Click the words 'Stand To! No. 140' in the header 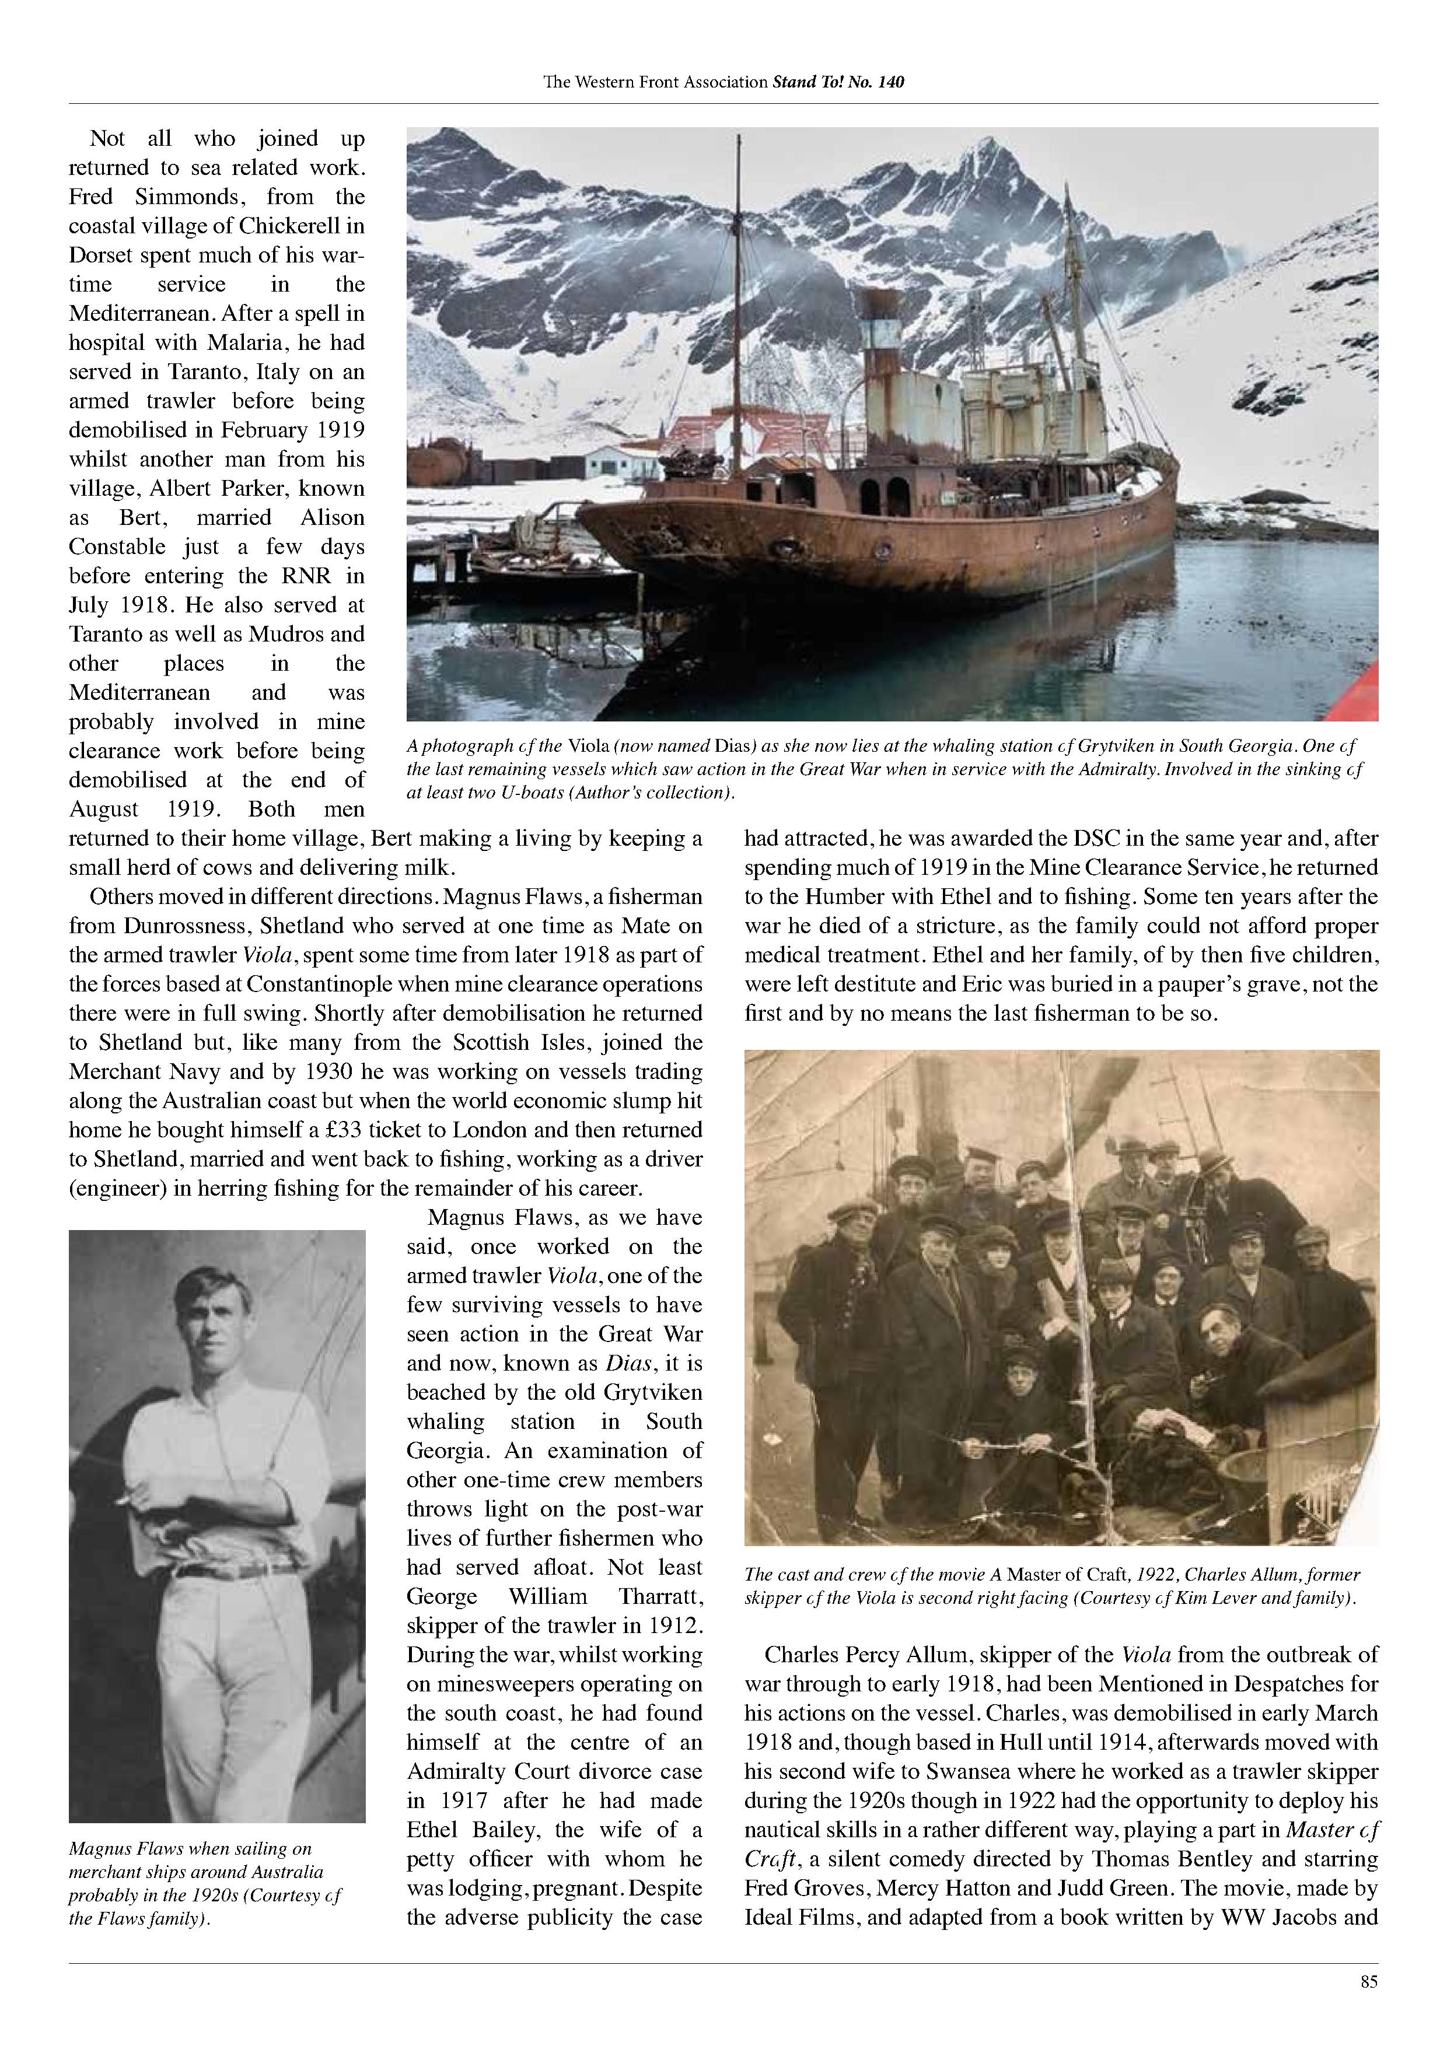(837, 82)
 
